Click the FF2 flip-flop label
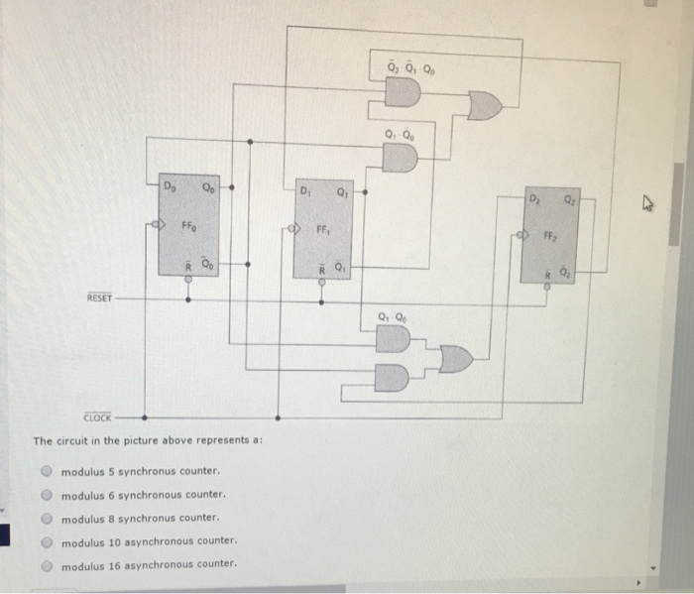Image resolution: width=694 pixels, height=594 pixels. pyautogui.click(x=548, y=237)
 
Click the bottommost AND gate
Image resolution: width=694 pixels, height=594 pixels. pyautogui.click(x=393, y=377)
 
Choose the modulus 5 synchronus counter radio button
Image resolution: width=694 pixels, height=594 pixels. pyautogui.click(x=46, y=471)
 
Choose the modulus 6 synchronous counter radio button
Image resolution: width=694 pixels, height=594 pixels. pyautogui.click(x=46, y=494)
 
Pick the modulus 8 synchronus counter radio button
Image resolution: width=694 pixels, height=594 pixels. pyautogui.click(x=46, y=518)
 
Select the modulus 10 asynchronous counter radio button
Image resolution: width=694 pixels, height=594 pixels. pyautogui.click(x=46, y=541)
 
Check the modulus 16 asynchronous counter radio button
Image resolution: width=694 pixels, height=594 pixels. pyautogui.click(x=46, y=564)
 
